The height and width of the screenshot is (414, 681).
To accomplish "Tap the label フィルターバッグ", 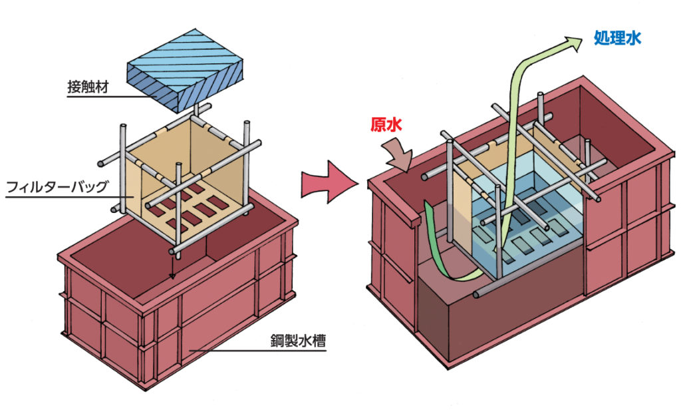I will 57,186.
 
